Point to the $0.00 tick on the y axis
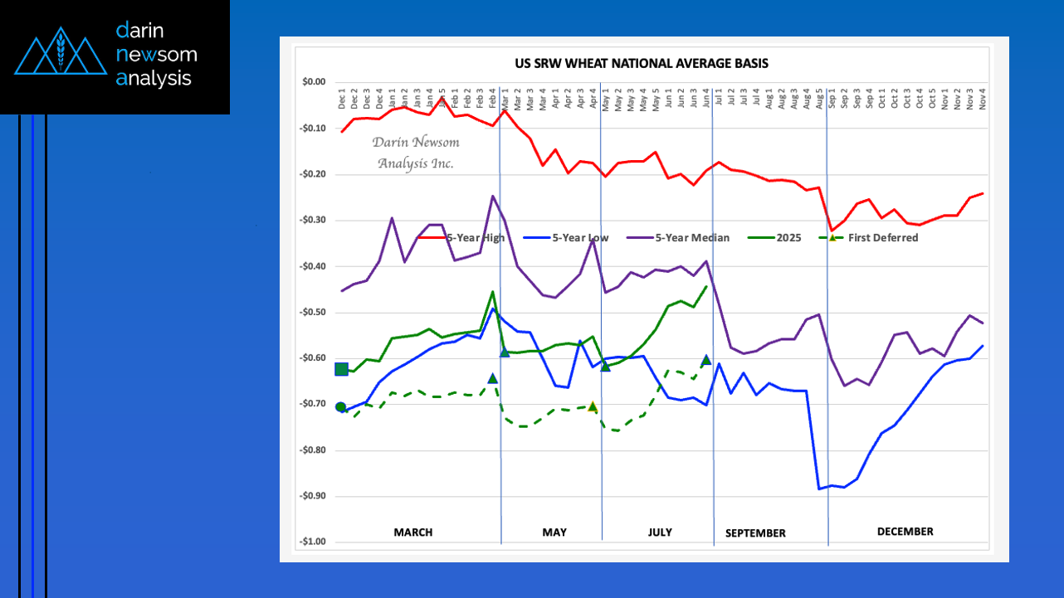(314, 82)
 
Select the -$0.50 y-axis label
(313, 313)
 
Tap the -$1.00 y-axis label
(313, 542)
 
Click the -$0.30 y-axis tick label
(313, 221)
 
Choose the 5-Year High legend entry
(474, 238)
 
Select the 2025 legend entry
(789, 238)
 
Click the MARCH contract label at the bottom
(412, 532)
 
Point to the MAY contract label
(554, 532)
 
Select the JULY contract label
(660, 532)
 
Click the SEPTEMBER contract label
(755, 533)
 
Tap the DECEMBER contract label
(905, 532)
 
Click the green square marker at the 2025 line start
(341, 369)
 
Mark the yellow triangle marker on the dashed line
(593, 406)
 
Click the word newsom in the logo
(158, 55)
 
